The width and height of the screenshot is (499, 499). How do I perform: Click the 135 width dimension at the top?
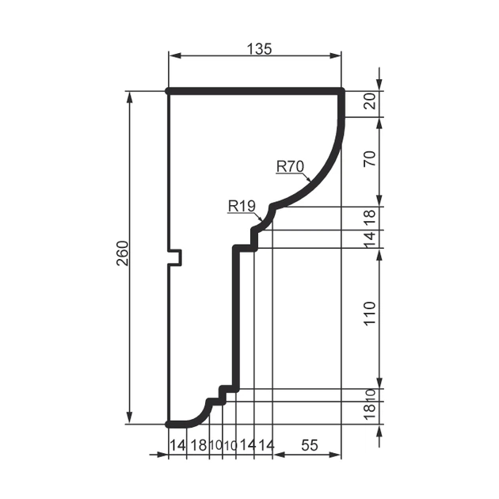click(x=259, y=49)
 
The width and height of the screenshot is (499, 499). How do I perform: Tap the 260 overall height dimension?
click(x=123, y=253)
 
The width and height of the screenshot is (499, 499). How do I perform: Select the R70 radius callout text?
click(x=290, y=166)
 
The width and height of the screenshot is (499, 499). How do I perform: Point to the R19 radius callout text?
click(x=242, y=206)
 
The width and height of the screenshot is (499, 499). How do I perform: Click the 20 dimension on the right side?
click(x=371, y=101)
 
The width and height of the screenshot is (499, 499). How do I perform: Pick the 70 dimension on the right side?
click(x=371, y=158)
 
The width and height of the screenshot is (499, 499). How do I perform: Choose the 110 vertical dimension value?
click(x=371, y=314)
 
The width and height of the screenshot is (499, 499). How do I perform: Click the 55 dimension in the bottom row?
click(x=310, y=445)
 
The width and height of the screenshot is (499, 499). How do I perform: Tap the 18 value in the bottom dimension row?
click(x=199, y=445)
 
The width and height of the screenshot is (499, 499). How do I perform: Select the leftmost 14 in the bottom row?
click(x=177, y=445)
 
